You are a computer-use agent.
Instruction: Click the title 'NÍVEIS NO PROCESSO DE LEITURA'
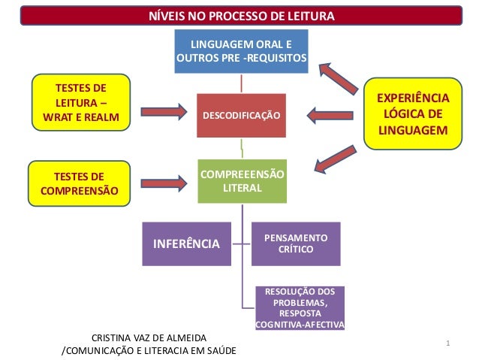click(x=240, y=17)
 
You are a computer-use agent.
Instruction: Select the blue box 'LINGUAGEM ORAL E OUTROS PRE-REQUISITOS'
click(x=242, y=51)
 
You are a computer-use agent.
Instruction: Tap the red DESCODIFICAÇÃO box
click(x=241, y=116)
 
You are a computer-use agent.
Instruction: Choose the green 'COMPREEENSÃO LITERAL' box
click(x=242, y=180)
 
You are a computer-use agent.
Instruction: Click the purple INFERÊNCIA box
click(x=187, y=244)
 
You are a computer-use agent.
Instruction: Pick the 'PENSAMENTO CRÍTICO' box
click(x=296, y=244)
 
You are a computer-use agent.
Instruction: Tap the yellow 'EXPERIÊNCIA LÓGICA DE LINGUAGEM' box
click(x=413, y=115)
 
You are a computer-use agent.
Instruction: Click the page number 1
click(x=447, y=344)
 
